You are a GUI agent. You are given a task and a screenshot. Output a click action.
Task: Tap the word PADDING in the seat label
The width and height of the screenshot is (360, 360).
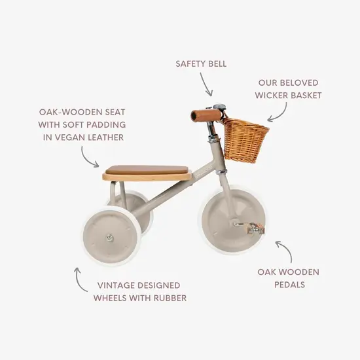tap(103, 124)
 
